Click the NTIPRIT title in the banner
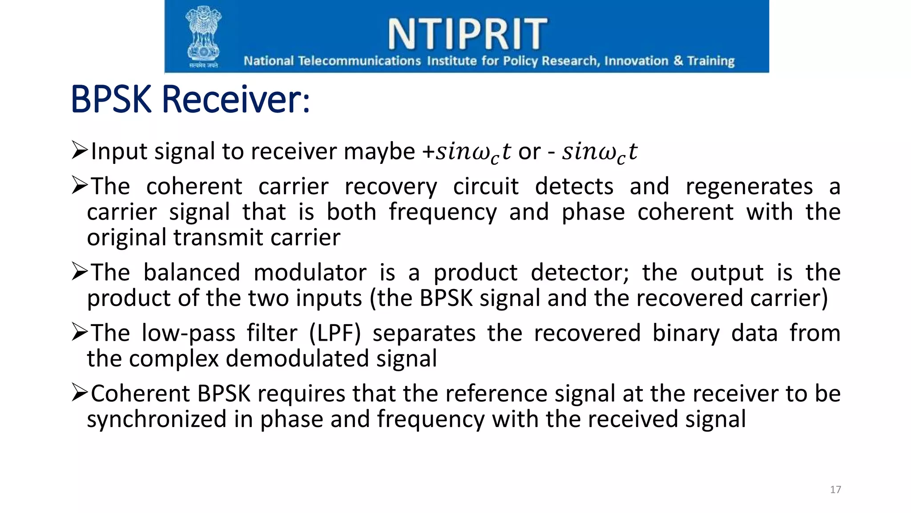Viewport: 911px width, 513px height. [467, 34]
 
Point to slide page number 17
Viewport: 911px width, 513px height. [835, 490]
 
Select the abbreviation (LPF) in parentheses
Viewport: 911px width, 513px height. [335, 333]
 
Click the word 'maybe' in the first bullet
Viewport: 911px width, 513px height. [379, 151]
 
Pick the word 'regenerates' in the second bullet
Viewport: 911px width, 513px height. [749, 187]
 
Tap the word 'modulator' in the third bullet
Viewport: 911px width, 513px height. [310, 273]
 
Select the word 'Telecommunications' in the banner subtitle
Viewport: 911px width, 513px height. [359, 61]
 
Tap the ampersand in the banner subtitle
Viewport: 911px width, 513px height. [678, 61]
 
